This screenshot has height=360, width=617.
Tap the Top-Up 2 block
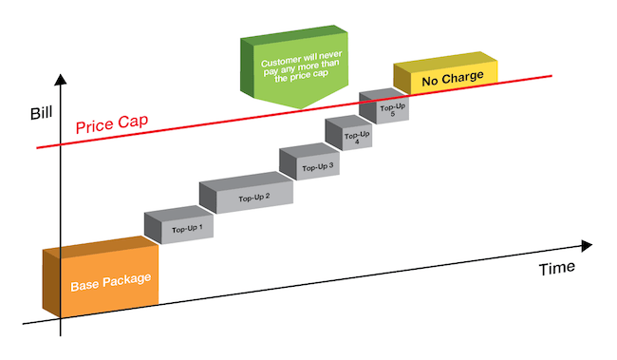click(253, 198)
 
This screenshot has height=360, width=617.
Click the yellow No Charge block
click(452, 78)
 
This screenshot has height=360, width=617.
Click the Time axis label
click(556, 268)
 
